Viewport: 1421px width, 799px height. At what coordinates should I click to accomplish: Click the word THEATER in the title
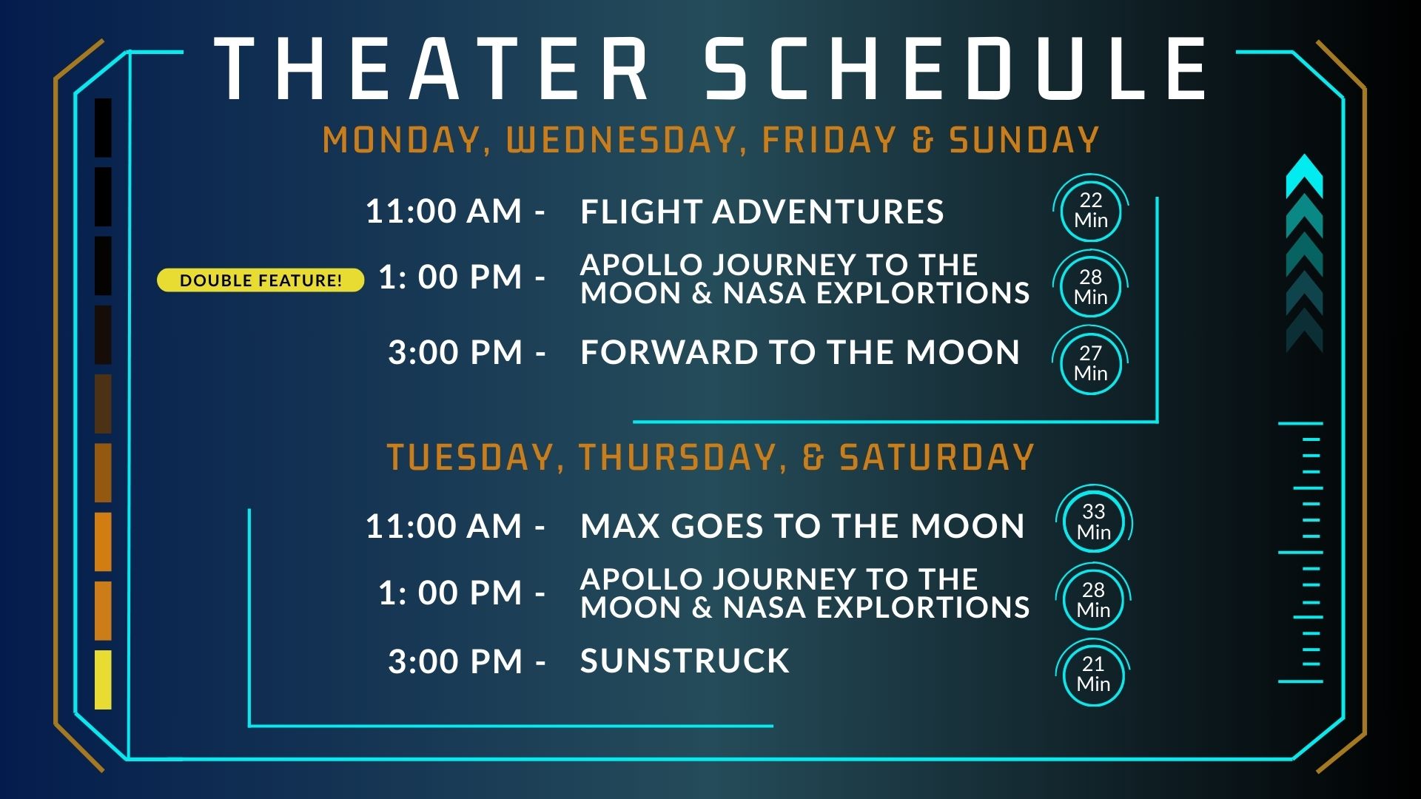point(431,69)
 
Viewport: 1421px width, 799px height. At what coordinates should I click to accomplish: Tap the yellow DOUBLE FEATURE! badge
point(261,280)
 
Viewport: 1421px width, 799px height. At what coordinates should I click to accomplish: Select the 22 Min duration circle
point(1091,210)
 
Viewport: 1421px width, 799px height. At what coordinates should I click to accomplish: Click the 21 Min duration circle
point(1094,674)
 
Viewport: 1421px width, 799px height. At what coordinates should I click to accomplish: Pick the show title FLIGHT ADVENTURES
point(762,212)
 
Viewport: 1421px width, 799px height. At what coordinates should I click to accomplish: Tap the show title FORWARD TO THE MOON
point(800,352)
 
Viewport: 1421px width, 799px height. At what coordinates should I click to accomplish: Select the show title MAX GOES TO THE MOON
point(802,526)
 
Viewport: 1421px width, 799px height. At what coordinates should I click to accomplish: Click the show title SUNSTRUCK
point(685,661)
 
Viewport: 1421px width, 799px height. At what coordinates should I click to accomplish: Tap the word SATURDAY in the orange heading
point(937,457)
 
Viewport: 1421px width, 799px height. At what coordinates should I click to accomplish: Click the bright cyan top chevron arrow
point(1304,176)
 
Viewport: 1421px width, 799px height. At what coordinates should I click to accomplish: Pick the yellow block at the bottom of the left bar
point(103,680)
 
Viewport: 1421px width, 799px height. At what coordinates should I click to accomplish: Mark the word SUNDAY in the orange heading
point(1024,141)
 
